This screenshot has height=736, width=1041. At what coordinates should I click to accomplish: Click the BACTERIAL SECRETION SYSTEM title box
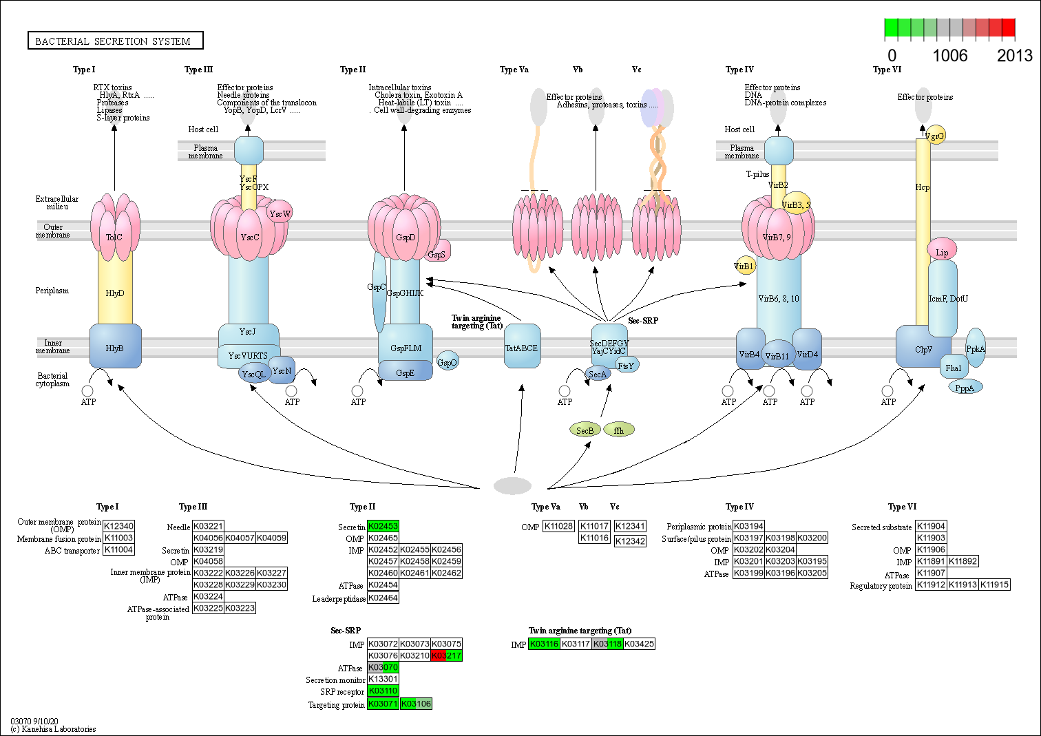click(x=115, y=41)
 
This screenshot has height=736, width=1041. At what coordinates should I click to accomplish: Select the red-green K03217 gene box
click(x=447, y=655)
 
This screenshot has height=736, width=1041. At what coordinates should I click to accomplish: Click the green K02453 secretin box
click(x=383, y=527)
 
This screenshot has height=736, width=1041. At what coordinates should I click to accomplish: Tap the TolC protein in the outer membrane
click(x=114, y=238)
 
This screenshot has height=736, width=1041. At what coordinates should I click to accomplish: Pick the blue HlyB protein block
click(x=115, y=348)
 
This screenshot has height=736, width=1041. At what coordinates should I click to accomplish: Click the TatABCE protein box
click(x=522, y=348)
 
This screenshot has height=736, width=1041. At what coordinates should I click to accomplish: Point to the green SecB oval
click(x=585, y=430)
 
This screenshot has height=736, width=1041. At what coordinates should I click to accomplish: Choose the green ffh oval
click(x=619, y=430)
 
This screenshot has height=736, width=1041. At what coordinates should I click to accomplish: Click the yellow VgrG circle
click(x=936, y=136)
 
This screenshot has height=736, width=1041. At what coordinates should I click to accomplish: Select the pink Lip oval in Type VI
click(x=942, y=252)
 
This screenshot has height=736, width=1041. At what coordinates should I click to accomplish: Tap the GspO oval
click(x=448, y=362)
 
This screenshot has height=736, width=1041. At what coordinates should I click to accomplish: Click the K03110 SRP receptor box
click(x=383, y=691)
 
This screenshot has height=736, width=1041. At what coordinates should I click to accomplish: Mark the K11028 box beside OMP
click(x=558, y=527)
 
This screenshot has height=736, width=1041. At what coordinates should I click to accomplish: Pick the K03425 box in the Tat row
click(x=640, y=644)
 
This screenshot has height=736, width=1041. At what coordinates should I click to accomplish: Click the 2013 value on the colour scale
click(x=1014, y=56)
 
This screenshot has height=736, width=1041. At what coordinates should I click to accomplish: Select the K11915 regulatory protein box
click(x=995, y=585)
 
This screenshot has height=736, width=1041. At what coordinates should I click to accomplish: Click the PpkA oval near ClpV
click(x=976, y=348)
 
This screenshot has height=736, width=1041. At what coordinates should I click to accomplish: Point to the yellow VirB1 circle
click(x=744, y=266)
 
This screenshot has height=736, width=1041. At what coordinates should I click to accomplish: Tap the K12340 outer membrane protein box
click(x=119, y=527)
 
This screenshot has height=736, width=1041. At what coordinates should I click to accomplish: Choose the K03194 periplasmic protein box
click(x=748, y=527)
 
